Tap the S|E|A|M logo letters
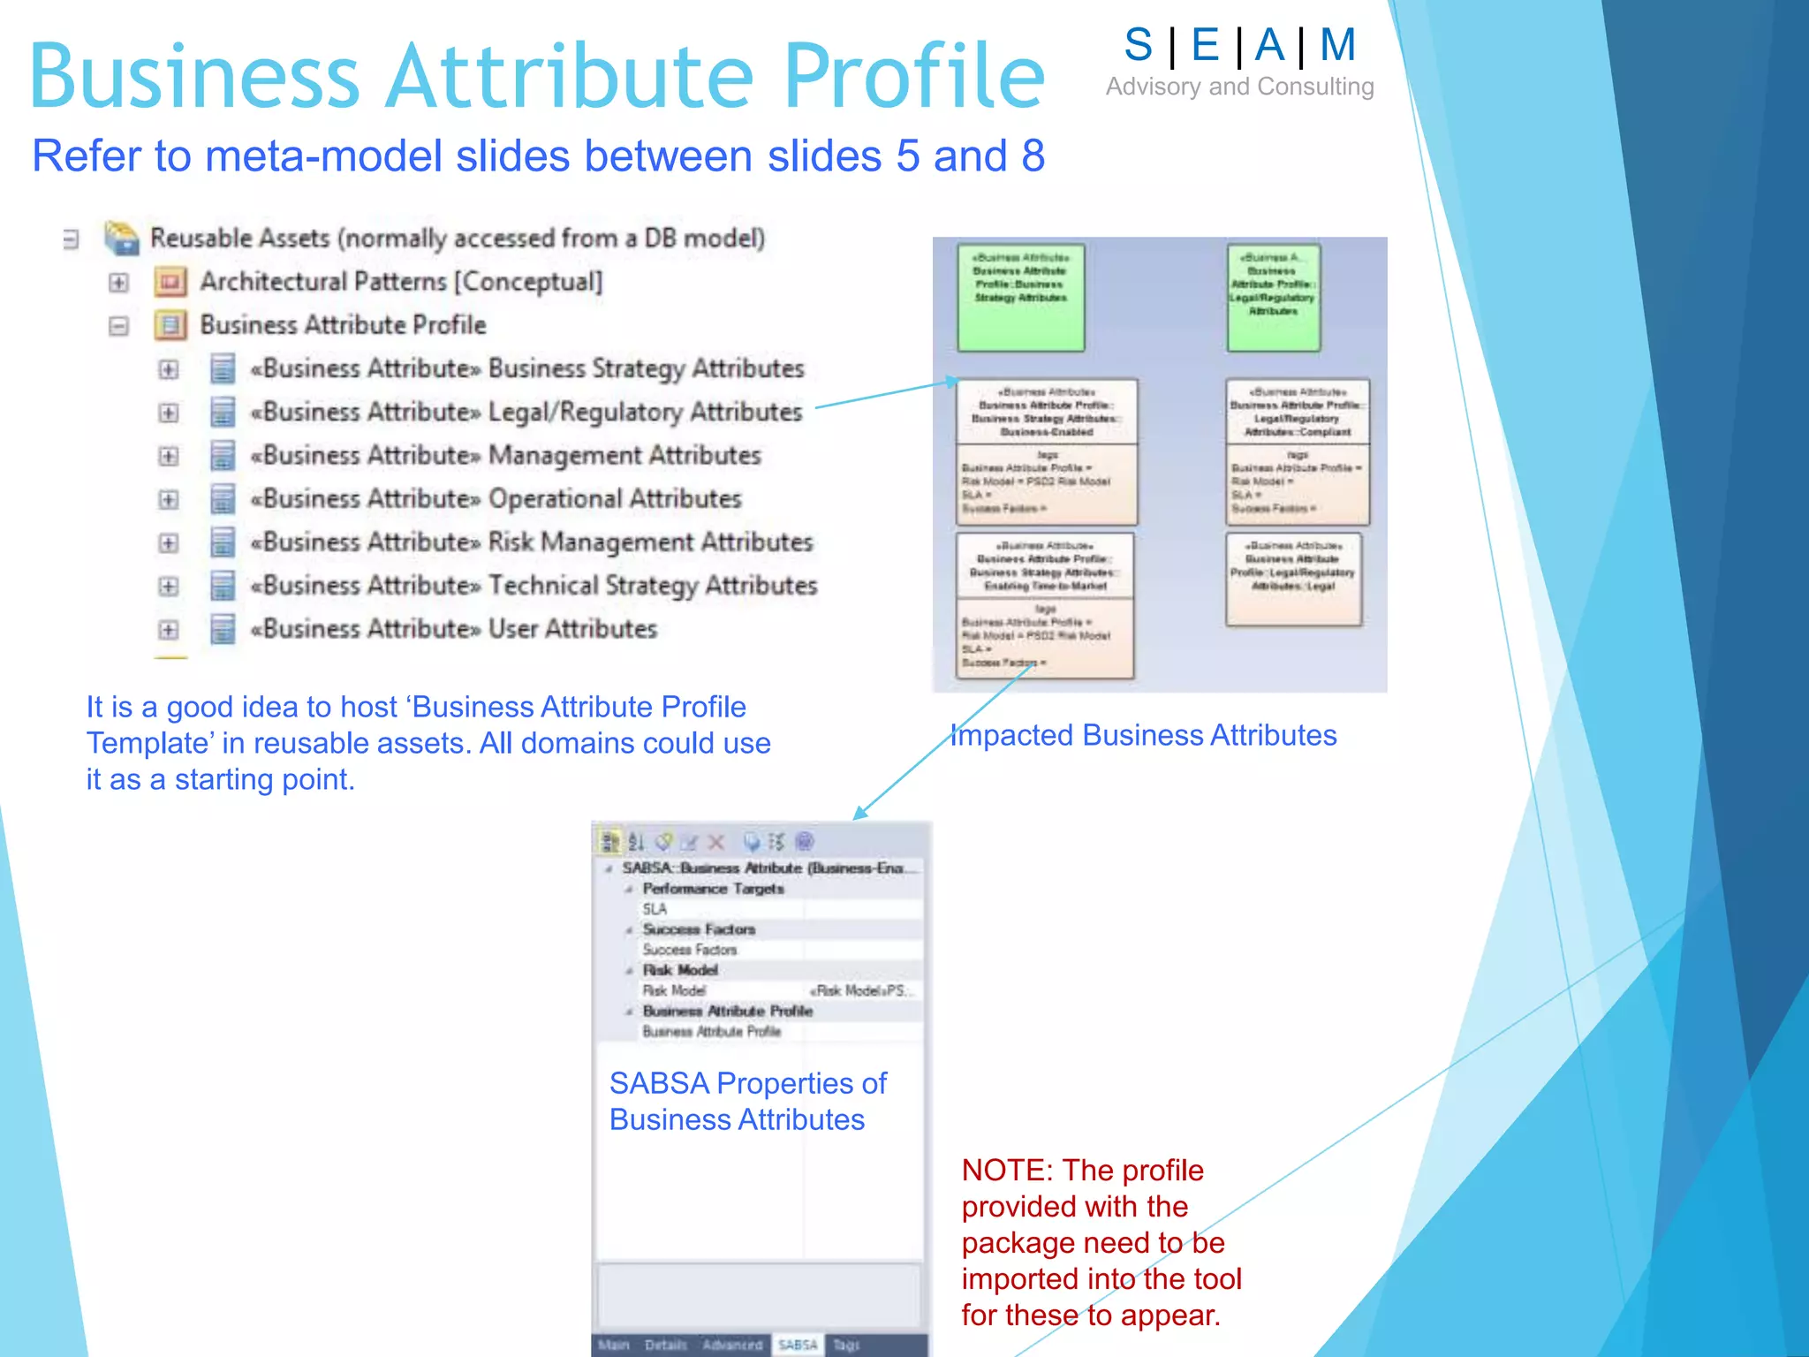[x=1239, y=45]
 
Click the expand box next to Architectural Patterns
[x=118, y=283]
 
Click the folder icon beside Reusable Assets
[x=122, y=238]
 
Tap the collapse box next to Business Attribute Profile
[x=118, y=326]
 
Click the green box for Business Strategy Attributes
[x=1020, y=298]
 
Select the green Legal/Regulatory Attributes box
[x=1273, y=298]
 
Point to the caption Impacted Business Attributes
[x=1143, y=735]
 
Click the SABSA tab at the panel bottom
[x=798, y=1345]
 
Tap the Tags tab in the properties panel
[x=846, y=1345]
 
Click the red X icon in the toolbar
[x=716, y=842]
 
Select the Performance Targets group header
[x=713, y=889]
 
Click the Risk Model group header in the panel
[x=680, y=970]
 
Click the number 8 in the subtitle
[x=1033, y=156]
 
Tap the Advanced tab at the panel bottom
[x=732, y=1345]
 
